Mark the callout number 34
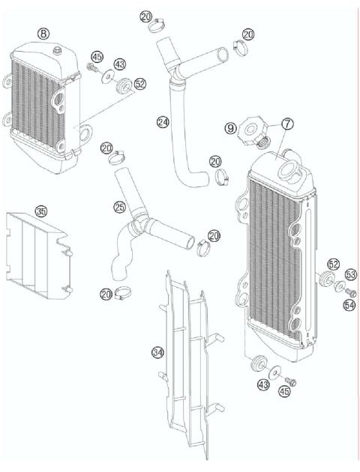click(157, 351)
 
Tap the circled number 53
click(351, 276)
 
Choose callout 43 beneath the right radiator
click(262, 385)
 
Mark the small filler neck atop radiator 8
click(56, 50)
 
